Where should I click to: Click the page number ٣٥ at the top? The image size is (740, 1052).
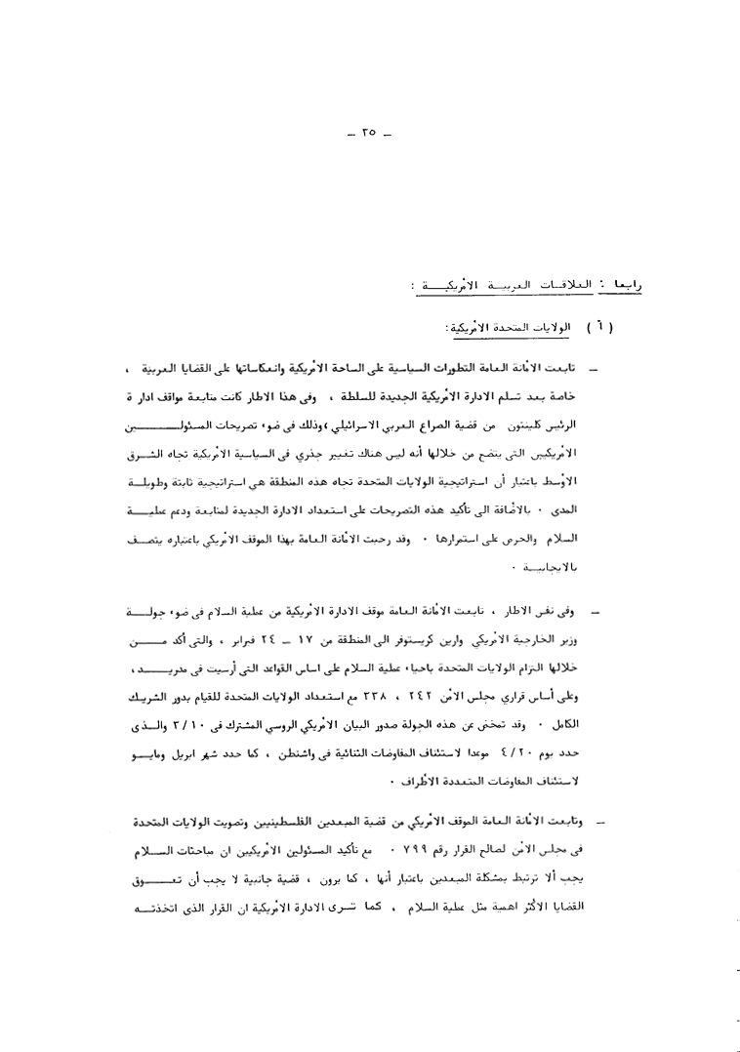pos(368,133)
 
